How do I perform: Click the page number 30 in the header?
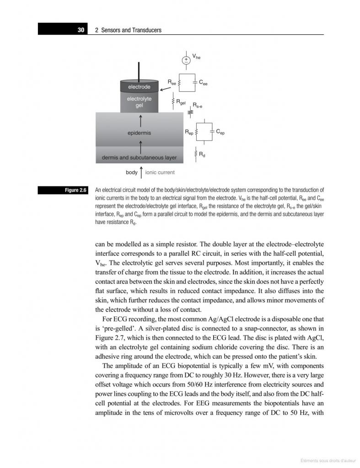81,30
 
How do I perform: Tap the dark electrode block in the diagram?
139,86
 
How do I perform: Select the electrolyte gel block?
139,102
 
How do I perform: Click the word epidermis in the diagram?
139,133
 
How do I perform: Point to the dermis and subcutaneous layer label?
139,158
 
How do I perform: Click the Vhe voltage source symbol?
186,60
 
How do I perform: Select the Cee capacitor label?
204,82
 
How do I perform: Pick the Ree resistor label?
172,82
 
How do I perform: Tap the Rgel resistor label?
182,102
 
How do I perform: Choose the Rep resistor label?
189,132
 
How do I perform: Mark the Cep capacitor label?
220,132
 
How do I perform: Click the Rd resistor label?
202,155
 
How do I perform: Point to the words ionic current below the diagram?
160,173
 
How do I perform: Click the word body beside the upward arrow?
131,173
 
